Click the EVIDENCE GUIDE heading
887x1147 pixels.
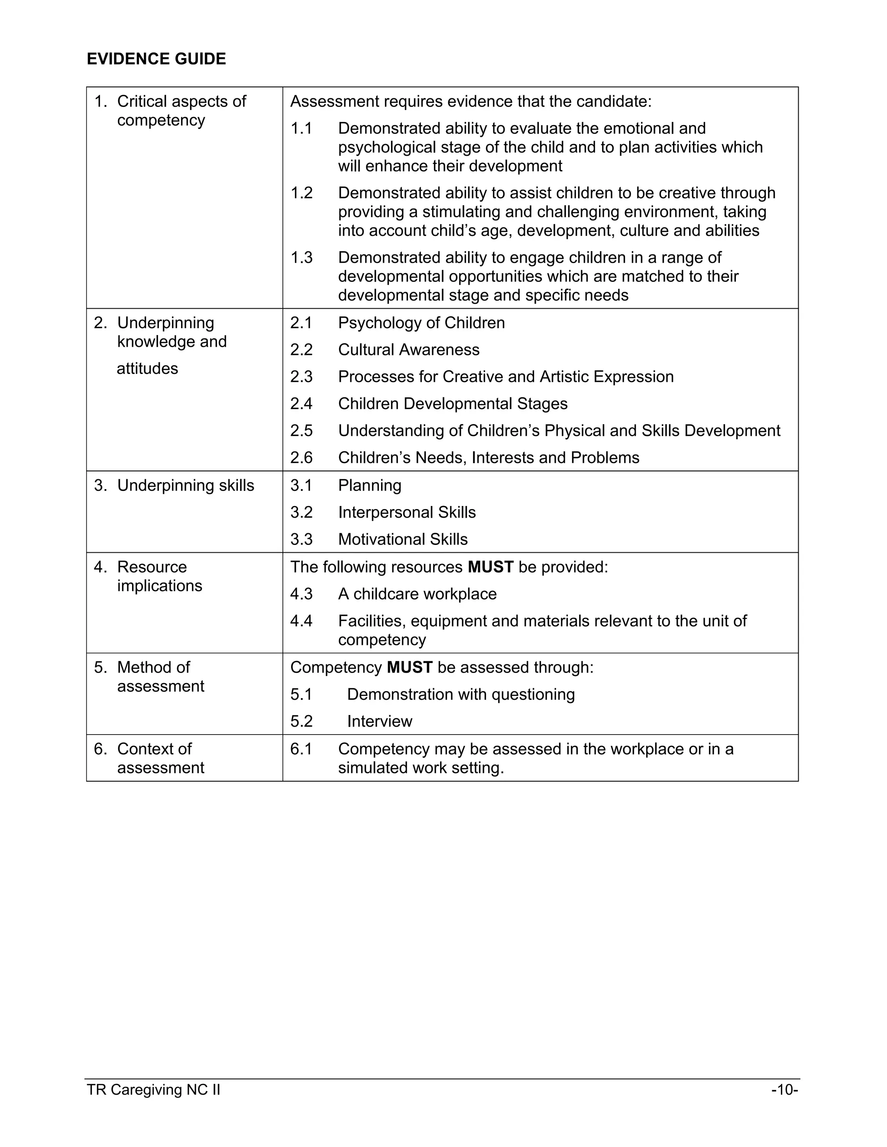[x=156, y=59]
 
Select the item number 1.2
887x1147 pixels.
[x=301, y=193]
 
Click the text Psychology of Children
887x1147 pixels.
[x=421, y=322]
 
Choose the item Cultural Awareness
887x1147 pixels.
[x=408, y=350]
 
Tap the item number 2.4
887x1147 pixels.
[x=301, y=403]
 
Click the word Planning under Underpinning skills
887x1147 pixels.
[x=369, y=485]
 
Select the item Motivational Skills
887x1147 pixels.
[x=402, y=539]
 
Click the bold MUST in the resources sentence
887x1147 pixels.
[x=490, y=567]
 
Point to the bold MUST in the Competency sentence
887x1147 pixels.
[x=409, y=667]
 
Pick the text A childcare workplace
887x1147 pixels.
[x=417, y=594]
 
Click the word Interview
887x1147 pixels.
[x=379, y=722]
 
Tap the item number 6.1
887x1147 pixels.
[x=301, y=749]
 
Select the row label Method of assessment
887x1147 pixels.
[x=160, y=677]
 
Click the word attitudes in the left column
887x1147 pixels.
[x=147, y=369]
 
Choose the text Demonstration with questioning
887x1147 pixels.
[x=461, y=694]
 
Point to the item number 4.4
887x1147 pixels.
[x=301, y=621]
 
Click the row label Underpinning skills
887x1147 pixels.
[x=185, y=485]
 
